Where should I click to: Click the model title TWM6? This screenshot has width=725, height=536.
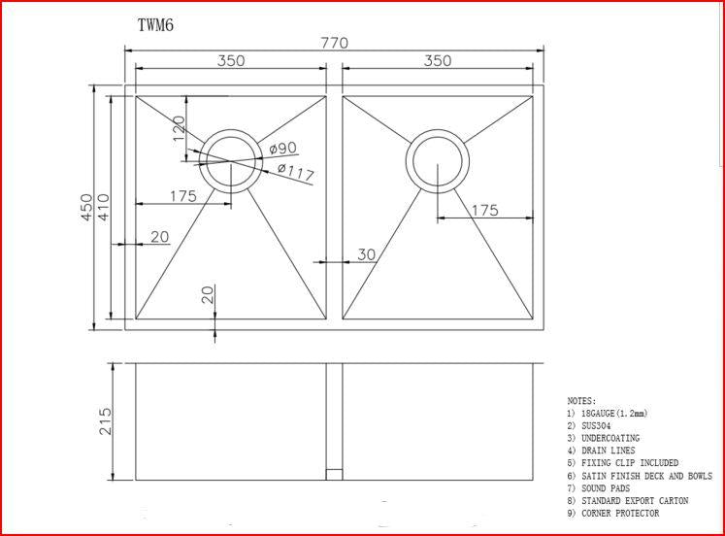point(156,25)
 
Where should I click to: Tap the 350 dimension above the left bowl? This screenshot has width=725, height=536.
point(230,60)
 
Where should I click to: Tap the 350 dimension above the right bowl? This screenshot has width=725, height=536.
point(437,60)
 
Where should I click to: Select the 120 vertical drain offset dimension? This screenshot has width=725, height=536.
point(179,129)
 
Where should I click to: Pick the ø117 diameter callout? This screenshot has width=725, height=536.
point(295,173)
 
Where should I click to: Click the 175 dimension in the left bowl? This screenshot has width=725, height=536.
point(182,196)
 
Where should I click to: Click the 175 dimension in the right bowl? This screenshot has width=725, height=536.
point(483,211)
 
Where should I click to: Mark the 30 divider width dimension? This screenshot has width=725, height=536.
point(366,254)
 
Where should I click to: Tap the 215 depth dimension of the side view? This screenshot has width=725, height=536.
point(106,420)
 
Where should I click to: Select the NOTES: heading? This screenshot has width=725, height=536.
point(581,401)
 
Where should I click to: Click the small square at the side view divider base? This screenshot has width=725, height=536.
point(334,475)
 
